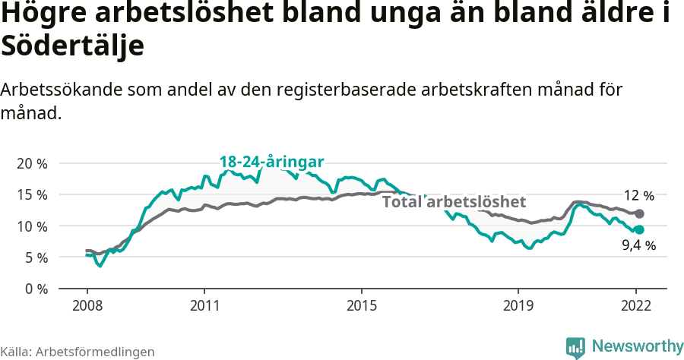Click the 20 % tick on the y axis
(32, 163)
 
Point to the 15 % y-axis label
(32, 194)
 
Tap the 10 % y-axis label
(32, 226)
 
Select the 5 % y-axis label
(35, 257)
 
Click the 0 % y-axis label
(35, 289)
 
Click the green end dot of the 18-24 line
(639, 229)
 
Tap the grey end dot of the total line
(639, 214)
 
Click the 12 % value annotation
(639, 195)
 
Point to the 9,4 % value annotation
(639, 245)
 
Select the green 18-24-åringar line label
(271, 162)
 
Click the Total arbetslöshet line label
(454, 202)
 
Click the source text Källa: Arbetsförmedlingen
(78, 352)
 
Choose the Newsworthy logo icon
(575, 347)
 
